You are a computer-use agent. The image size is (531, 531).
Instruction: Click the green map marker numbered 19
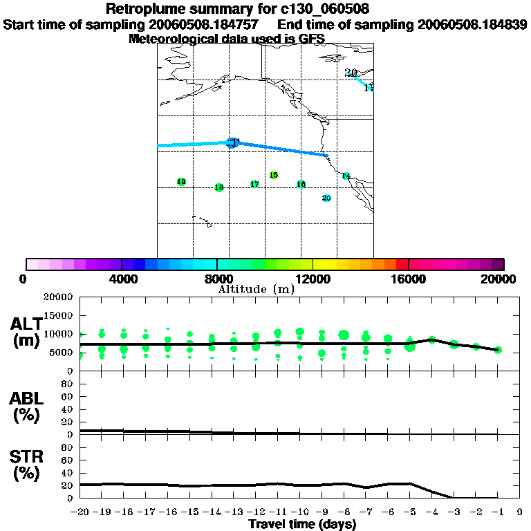coord(181,182)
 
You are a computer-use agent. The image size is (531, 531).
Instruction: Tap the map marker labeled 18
coord(219,187)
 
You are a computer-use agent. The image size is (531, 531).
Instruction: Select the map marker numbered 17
coord(254,184)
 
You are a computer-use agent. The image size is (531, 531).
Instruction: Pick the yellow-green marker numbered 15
coord(274,175)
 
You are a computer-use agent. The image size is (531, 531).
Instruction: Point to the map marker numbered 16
coord(301,184)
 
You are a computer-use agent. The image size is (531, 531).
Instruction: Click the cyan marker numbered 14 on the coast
coord(346,176)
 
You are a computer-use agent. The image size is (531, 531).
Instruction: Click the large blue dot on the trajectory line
coord(233,142)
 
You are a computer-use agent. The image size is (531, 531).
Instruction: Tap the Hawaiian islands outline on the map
coord(203,222)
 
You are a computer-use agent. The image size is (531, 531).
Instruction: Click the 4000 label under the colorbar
coord(122,279)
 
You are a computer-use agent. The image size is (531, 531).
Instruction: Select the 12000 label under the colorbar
coord(313,279)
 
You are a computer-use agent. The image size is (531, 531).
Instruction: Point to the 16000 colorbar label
coord(409,279)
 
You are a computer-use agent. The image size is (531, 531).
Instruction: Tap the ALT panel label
coord(26,332)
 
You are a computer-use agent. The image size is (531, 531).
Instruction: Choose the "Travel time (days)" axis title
coord(302,525)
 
